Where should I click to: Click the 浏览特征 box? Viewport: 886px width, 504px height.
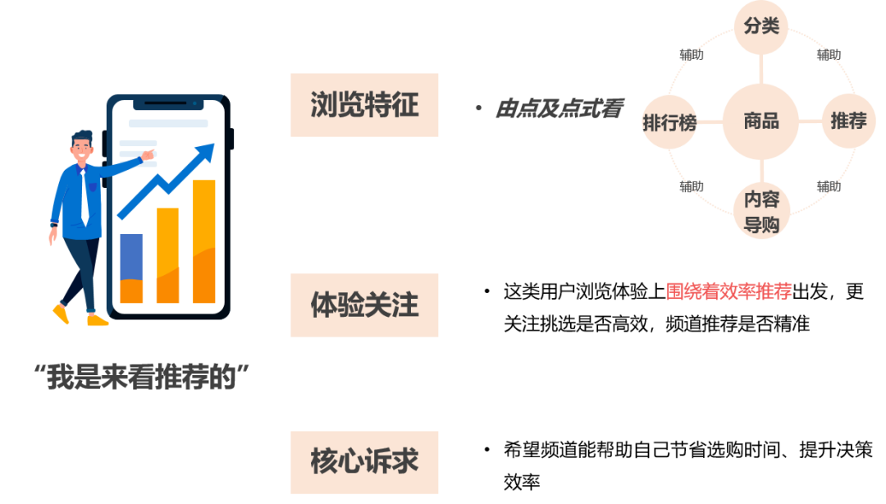[364, 105]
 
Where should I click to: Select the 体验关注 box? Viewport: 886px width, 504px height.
[364, 305]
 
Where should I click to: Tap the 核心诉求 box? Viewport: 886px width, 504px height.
[364, 461]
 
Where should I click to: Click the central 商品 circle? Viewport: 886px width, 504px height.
[760, 122]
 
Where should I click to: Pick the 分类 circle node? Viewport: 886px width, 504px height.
[760, 26]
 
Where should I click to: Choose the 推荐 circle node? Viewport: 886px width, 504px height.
[848, 122]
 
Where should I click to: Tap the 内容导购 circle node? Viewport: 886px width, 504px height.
[760, 212]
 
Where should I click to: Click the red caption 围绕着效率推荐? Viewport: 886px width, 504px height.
[728, 291]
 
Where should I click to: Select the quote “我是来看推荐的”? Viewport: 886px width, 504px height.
[140, 378]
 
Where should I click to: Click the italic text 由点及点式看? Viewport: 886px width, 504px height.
[559, 109]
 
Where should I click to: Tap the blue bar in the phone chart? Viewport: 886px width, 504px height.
[131, 257]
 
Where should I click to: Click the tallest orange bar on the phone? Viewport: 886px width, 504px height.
[203, 241]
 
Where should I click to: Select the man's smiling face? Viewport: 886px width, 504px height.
[82, 149]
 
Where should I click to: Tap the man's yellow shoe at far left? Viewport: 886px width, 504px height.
[60, 314]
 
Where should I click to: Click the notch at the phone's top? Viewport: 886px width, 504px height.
[167, 104]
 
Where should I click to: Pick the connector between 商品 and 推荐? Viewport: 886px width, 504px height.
[811, 122]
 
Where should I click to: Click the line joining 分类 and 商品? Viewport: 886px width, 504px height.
[760, 66]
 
